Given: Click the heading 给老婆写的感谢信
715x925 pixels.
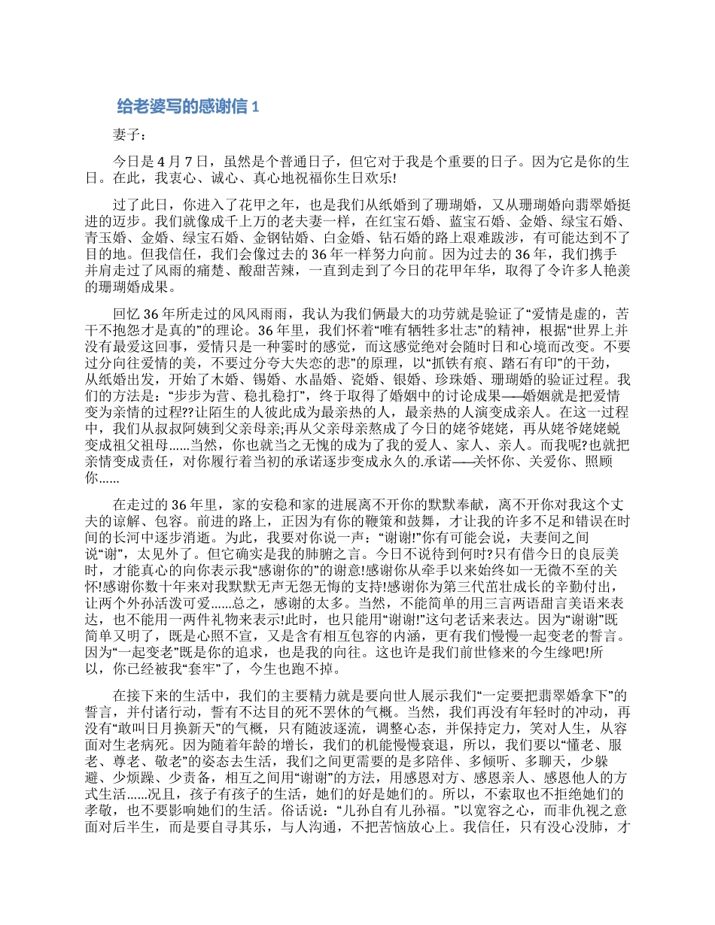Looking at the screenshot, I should [183, 107].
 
